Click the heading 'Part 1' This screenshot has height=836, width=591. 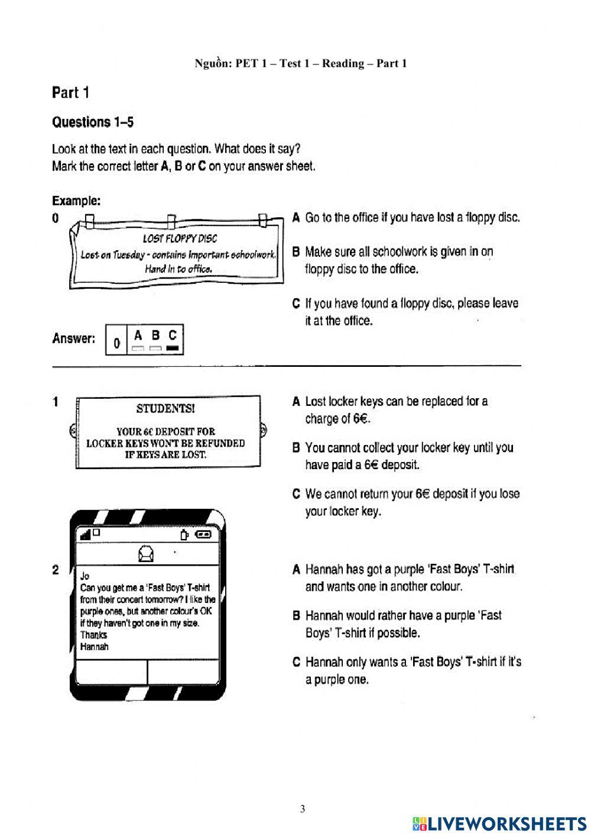70,93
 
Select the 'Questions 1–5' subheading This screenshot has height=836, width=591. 93,122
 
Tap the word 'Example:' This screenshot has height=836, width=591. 76,201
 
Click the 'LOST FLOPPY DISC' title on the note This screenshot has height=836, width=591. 180,238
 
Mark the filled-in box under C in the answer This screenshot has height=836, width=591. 172,348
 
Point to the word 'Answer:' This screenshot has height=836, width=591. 73,338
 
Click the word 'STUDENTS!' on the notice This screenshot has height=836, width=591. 165,409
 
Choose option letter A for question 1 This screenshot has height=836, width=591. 296,402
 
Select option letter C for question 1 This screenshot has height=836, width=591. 296,494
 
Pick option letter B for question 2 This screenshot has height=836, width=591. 296,616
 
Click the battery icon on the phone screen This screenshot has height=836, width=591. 203,534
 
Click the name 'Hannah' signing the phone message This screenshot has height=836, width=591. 95,647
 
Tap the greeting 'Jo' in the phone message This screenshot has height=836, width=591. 85,576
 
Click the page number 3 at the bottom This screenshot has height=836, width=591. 303,809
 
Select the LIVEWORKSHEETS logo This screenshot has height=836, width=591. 499,824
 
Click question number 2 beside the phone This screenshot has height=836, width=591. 56,570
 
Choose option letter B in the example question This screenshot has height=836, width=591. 296,252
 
